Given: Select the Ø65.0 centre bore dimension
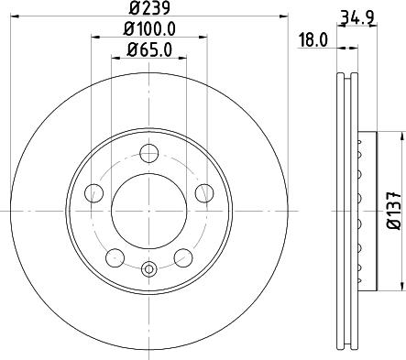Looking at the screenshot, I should point(147,49).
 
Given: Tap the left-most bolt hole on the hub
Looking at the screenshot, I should point(93,193).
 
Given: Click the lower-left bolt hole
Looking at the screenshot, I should point(115,256).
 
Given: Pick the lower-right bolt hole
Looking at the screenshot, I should point(182,256).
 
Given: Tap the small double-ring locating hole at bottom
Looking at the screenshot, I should point(148,268).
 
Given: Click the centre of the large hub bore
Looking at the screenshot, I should point(148,213).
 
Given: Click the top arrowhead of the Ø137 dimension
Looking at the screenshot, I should point(400,136).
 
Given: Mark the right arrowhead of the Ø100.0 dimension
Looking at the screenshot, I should point(201,39).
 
